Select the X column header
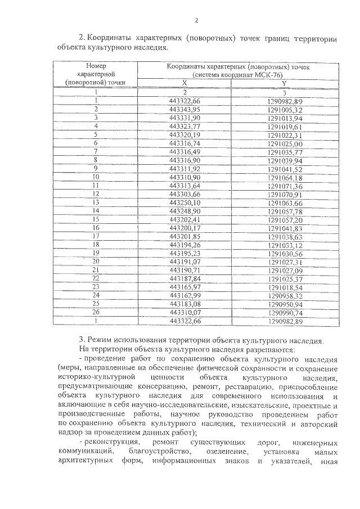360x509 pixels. pos(184,83)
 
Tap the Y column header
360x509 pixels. pos(285,83)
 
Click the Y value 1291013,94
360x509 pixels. pos(286,119)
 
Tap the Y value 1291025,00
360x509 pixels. pos(286,144)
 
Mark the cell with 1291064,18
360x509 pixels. pos(286,178)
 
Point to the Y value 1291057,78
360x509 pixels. pos(286,211)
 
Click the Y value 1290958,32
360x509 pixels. pos(286,295)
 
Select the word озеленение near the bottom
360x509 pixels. pos(227,453)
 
